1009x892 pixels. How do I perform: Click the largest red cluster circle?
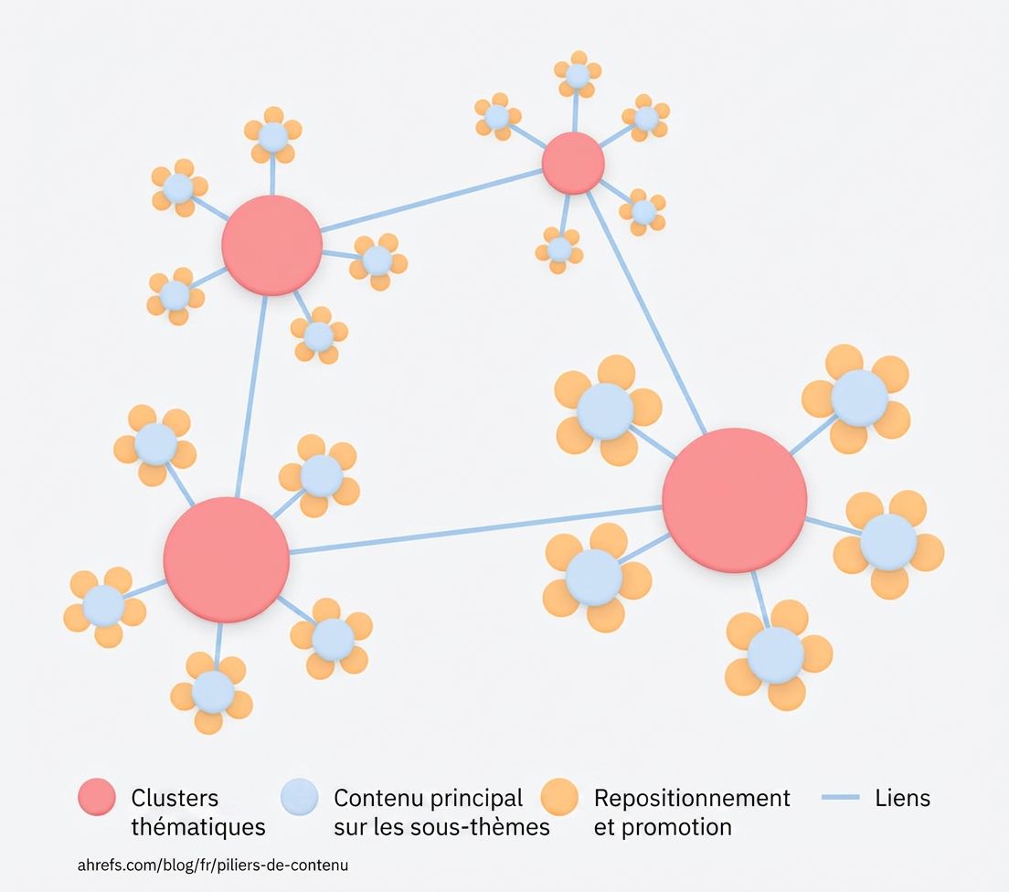pos(734,500)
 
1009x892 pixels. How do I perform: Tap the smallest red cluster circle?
pos(573,163)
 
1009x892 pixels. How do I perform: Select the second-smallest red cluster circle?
pos(271,245)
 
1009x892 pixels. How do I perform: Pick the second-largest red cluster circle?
pos(226,559)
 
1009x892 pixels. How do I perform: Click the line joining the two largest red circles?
pos(475,529)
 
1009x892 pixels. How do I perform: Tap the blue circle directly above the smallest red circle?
pos(577,76)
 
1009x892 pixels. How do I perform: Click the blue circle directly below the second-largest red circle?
pos(213,692)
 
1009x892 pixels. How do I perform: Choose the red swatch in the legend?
pos(97,797)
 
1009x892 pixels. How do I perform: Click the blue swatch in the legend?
pos(299,797)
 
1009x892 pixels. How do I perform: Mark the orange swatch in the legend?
pos(559,797)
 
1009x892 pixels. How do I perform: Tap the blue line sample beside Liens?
pos(841,798)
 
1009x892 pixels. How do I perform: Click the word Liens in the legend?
pos(902,798)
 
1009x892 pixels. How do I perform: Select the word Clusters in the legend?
pos(175,798)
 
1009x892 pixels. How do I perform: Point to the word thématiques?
pos(198,827)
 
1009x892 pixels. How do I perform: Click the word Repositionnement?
pos(692,798)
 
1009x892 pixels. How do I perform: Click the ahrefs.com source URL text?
pos(213,865)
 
